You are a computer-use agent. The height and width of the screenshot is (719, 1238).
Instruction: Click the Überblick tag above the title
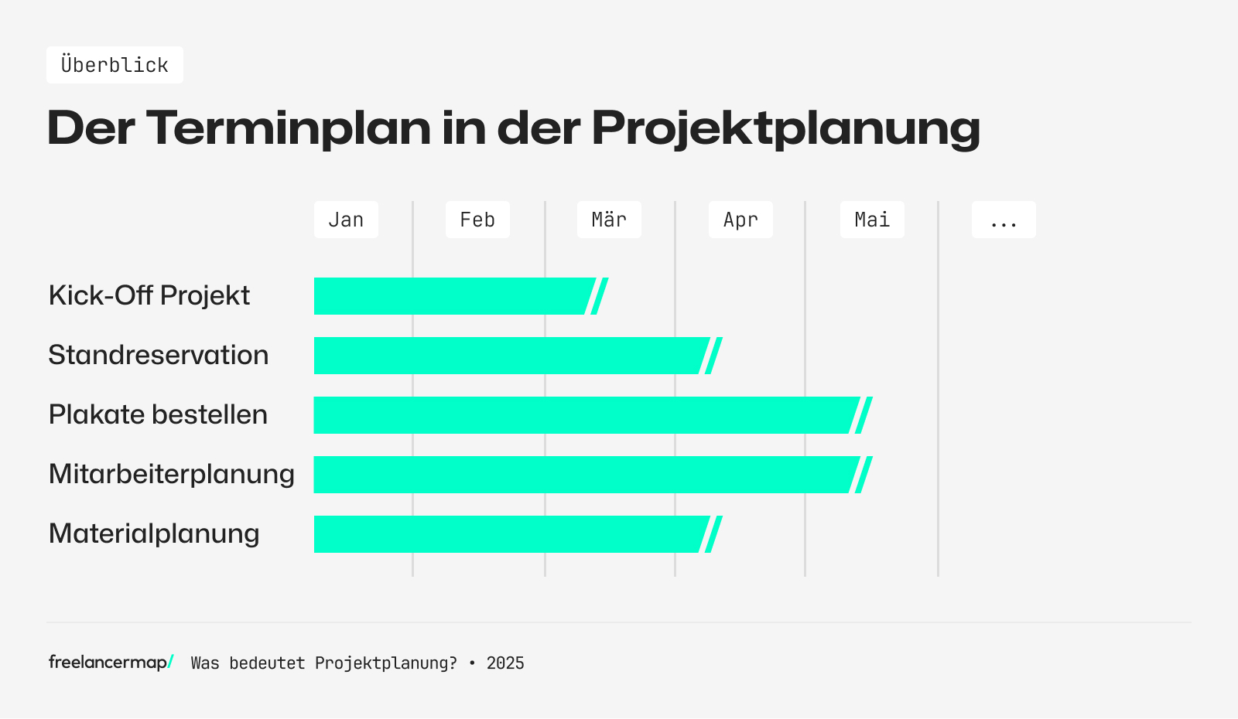pos(115,65)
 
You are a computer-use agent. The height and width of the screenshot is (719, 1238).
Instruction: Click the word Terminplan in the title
pos(288,128)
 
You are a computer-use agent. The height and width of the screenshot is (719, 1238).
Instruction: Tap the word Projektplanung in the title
pos(785,129)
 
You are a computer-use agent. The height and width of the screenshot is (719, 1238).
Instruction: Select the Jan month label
pos(346,220)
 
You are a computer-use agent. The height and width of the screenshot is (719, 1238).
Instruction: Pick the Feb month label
pos(477,220)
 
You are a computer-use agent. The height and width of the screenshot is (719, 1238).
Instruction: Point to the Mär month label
pos(609,220)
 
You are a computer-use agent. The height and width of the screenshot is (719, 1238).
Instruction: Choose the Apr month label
pos(740,220)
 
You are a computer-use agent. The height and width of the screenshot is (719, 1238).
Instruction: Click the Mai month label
pos(872,220)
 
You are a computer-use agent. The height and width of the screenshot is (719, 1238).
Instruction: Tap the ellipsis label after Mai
pos(1004,220)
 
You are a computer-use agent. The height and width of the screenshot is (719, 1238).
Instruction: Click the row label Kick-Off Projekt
pos(149,295)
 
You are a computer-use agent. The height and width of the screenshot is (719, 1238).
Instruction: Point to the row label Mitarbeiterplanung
pos(171,474)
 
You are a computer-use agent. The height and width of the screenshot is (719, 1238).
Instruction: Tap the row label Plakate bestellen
pos(158,414)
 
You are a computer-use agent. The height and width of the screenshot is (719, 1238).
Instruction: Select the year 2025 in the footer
pos(505,663)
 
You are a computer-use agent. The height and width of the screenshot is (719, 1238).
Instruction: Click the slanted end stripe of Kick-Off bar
pos(600,296)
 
